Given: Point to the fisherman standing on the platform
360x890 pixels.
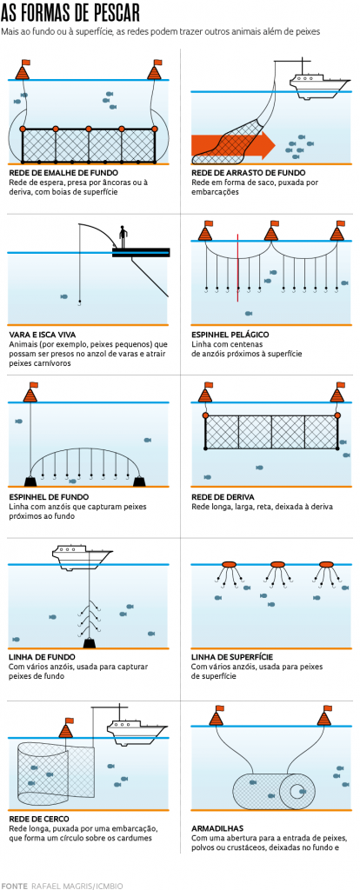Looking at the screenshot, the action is pos(122,236).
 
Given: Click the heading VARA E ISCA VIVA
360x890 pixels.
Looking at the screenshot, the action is pos(42,335).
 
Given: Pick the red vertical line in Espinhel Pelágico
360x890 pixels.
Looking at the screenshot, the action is pos(238,268).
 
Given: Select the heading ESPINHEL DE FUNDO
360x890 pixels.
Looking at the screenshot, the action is pos(43,496).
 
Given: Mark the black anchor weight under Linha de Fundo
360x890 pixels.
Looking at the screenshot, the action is pos(90,643).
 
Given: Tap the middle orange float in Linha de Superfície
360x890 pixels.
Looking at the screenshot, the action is pos(277,565).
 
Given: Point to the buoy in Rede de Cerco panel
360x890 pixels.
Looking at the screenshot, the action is pos(70,727).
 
